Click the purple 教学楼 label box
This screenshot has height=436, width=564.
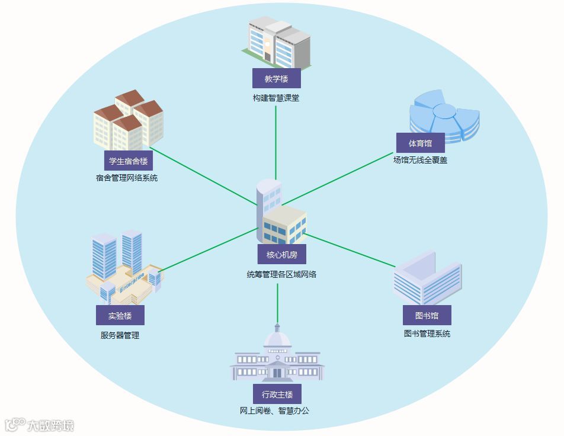276,79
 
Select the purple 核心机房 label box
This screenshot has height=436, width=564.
281,255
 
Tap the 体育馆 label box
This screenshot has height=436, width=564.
420,143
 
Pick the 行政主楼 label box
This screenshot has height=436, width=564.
277,394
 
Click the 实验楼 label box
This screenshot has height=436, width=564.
120,316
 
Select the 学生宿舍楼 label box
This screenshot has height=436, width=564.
128,161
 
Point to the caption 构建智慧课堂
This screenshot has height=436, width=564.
276,98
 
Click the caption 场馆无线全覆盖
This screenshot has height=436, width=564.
420,159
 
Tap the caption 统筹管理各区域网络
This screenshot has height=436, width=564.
281,274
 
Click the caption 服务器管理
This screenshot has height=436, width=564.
120,335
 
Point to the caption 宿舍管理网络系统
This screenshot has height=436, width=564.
127,178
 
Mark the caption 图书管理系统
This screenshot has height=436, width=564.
427,334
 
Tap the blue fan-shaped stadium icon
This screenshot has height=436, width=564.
444,115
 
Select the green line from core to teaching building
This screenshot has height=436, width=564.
276,142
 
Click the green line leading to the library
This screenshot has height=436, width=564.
350,249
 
